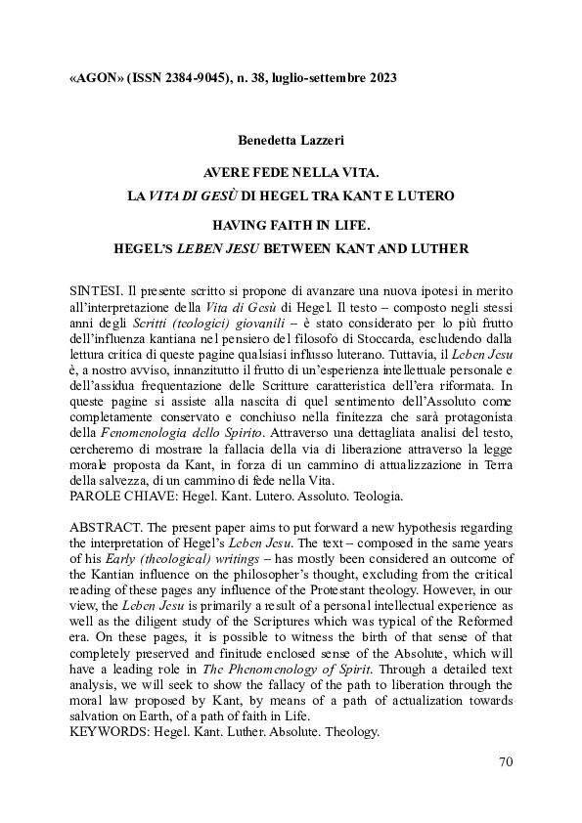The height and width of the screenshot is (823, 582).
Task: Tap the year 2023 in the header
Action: click(379, 77)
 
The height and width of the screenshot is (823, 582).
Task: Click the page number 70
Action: click(505, 761)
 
